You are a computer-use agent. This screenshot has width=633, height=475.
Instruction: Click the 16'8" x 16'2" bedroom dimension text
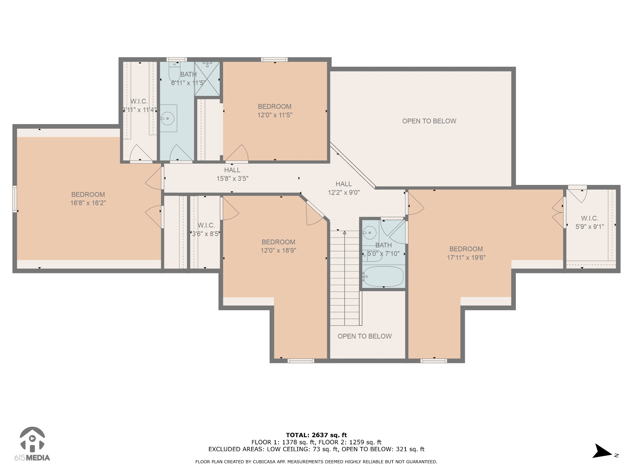click(88, 203)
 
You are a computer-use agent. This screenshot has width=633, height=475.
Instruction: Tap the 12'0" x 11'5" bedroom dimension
click(275, 115)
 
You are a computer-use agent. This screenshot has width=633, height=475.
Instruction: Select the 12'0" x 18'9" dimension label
click(278, 250)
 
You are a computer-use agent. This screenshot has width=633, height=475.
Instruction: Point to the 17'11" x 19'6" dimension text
click(466, 257)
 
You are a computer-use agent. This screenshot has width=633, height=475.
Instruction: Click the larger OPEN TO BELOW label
click(429, 121)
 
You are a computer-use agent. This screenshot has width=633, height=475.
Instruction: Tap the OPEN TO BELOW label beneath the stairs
click(365, 336)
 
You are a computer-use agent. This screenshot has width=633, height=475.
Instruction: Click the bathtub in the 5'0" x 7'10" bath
click(383, 276)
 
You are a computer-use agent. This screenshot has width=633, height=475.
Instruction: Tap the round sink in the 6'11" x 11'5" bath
click(168, 118)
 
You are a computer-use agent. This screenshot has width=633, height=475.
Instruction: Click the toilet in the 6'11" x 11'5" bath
click(174, 72)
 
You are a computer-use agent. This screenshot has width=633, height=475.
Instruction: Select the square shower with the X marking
click(207, 79)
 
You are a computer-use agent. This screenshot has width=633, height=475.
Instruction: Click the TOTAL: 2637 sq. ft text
click(316, 435)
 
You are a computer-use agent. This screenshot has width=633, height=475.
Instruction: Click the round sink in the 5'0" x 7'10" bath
click(369, 233)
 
